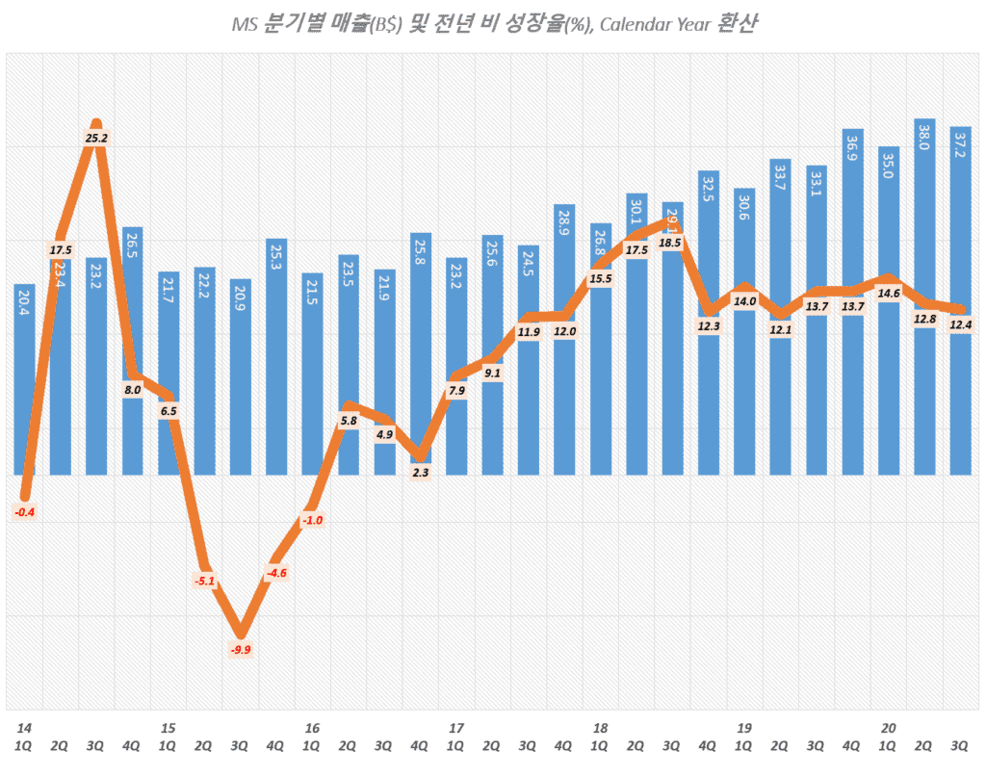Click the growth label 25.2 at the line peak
click(x=96, y=138)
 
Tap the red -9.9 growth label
click(x=241, y=650)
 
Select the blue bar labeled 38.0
click(x=924, y=298)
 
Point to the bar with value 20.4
click(x=25, y=385)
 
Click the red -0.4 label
click(x=25, y=512)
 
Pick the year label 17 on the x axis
click(x=456, y=728)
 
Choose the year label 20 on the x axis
click(x=889, y=728)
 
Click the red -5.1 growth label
click(x=204, y=581)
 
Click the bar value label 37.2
click(x=960, y=145)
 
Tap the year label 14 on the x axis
click(x=23, y=728)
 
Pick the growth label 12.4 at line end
click(x=960, y=325)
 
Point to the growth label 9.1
click(x=492, y=373)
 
